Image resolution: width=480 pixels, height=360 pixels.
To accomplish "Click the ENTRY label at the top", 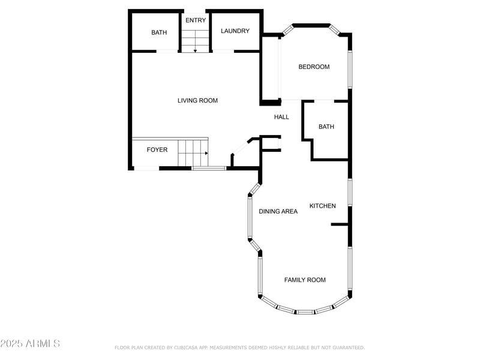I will click(x=196, y=20).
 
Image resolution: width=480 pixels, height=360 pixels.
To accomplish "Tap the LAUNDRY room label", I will click(x=235, y=31).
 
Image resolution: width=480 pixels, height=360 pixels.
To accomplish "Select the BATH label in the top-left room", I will click(x=159, y=32).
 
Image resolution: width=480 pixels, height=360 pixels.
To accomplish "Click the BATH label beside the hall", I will click(x=326, y=127).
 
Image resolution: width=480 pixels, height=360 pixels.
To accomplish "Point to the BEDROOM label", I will click(x=314, y=67).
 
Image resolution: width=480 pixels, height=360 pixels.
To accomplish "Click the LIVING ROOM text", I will click(x=197, y=100).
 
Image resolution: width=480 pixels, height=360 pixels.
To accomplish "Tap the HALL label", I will click(x=281, y=117).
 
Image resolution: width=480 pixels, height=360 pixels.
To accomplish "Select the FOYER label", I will click(x=157, y=149).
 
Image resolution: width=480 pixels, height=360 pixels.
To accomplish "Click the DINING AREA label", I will click(x=278, y=211).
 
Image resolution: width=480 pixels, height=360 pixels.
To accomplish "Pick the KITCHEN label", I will click(x=322, y=206).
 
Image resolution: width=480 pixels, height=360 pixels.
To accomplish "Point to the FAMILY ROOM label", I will click(x=305, y=280).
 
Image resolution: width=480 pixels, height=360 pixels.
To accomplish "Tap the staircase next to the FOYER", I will click(x=192, y=152).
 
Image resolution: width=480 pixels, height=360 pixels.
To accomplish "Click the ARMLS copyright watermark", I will click(x=30, y=344).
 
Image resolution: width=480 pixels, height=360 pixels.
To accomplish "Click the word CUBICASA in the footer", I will click(x=190, y=347).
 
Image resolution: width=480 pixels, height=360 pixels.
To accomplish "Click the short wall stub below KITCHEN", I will click(x=340, y=224).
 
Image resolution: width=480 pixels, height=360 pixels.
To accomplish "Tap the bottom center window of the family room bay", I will click(x=305, y=312).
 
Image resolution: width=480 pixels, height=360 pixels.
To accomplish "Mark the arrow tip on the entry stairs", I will click(x=195, y=52).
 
